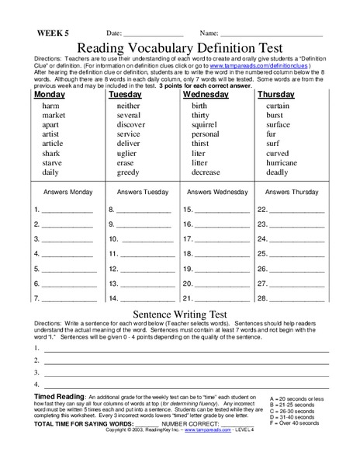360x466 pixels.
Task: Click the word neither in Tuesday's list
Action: pos(128,106)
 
